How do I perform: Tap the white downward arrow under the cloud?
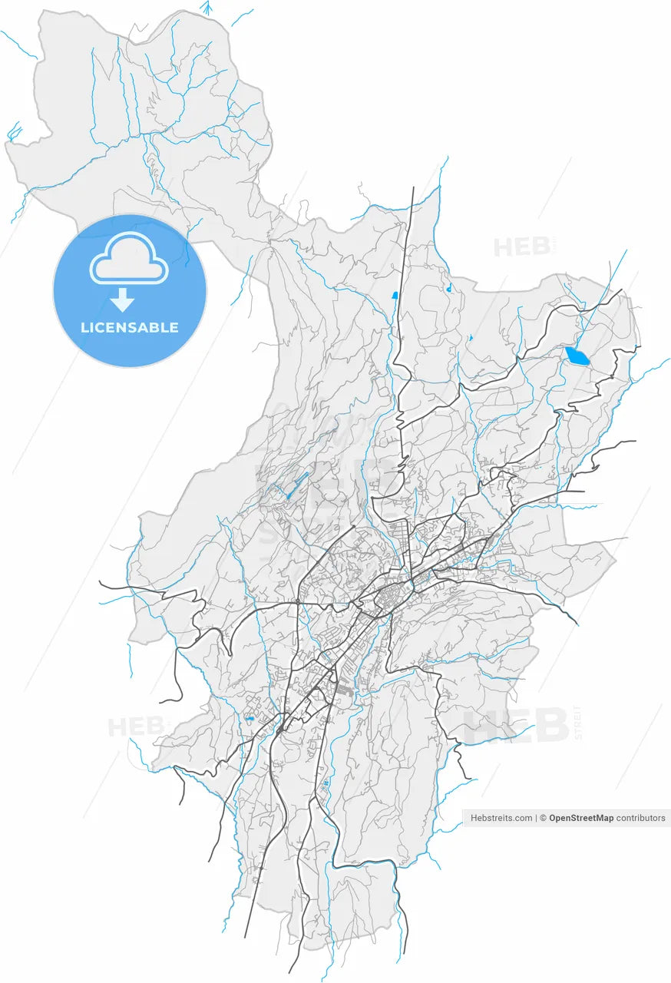[123, 300]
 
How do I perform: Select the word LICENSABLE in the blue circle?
[130, 327]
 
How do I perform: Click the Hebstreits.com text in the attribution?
[501, 818]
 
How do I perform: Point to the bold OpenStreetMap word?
[581, 818]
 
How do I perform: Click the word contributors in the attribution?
[641, 818]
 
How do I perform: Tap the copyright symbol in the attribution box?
[544, 818]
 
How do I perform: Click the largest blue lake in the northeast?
[577, 356]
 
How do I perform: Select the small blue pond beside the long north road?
[395, 294]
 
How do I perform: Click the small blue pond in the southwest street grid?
[250, 719]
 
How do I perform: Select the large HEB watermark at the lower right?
[516, 725]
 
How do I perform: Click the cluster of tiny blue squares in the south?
[326, 783]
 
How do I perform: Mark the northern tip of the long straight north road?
[413, 187]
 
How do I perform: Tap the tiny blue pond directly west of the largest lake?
[470, 337]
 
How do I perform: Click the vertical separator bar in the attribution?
[537, 818]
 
